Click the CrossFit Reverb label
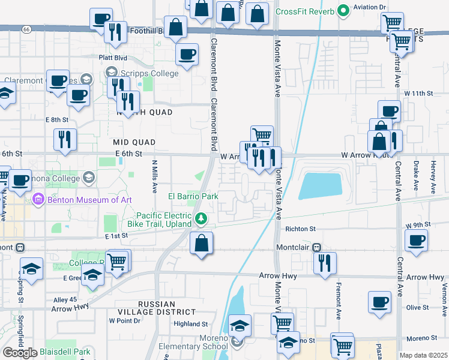[304, 11]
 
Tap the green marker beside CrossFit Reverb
[343, 11]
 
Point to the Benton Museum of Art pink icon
[38, 198]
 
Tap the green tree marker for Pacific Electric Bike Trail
[202, 220]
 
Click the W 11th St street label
[418, 94]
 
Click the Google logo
[20, 352]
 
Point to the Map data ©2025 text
[423, 355]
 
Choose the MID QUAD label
[134, 142]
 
